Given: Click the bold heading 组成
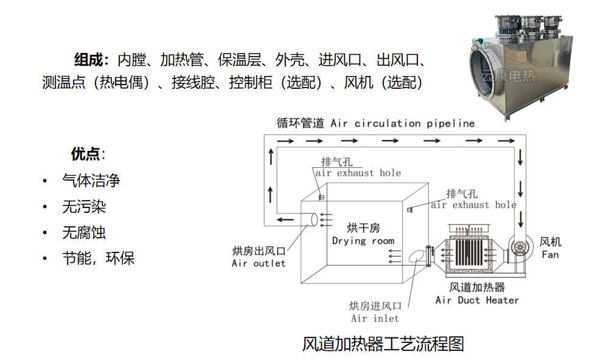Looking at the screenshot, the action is pyautogui.click(x=89, y=60).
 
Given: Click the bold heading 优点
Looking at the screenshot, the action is pyautogui.click(x=85, y=154).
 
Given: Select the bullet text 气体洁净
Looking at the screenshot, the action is pyautogui.click(x=91, y=181).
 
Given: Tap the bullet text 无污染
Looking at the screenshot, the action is pyautogui.click(x=84, y=207).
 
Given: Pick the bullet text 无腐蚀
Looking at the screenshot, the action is pyautogui.click(x=84, y=233).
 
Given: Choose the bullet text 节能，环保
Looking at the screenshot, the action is pyautogui.click(x=99, y=258).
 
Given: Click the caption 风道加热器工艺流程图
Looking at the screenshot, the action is pyautogui.click(x=383, y=344).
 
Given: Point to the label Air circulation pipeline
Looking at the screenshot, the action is pyautogui.click(x=403, y=123).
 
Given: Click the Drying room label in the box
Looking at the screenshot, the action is pyautogui.click(x=363, y=241).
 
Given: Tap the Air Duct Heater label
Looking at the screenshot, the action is pyautogui.click(x=477, y=300).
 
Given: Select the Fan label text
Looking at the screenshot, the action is pyautogui.click(x=551, y=255).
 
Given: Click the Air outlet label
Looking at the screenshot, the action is pyautogui.click(x=259, y=263).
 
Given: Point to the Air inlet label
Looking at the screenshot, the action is pyautogui.click(x=375, y=319).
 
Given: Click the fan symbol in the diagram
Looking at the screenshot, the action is pyautogui.click(x=520, y=247).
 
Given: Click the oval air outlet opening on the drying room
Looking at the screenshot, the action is pyautogui.click(x=314, y=220).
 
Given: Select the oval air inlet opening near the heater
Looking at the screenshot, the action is pyautogui.click(x=417, y=256).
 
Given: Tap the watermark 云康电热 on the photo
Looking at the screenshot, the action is pyautogui.click(x=508, y=76).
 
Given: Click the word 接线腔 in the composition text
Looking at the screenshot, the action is pyautogui.click(x=193, y=82).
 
